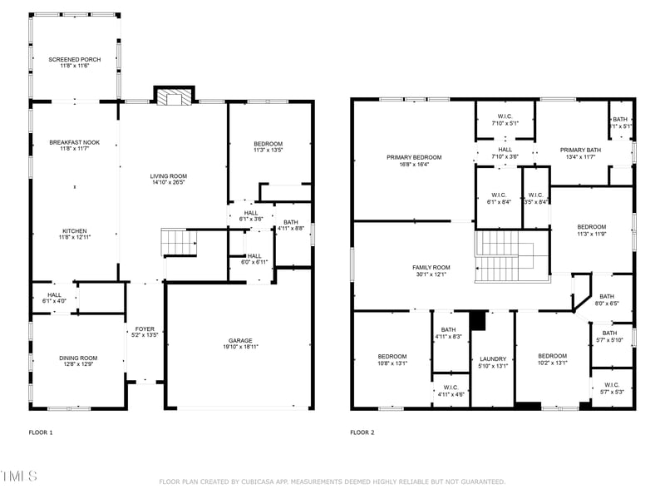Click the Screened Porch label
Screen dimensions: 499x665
[74, 60]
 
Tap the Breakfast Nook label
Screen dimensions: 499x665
[74, 142]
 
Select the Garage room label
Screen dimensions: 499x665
[241, 340]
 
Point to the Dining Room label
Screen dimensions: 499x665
[78, 358]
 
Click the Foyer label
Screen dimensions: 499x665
[145, 329]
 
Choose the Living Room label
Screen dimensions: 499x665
[168, 175]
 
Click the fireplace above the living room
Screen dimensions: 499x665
[174, 98]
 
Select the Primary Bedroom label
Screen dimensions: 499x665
[414, 157]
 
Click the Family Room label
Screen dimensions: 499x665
[431, 267]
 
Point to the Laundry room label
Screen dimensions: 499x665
[493, 359]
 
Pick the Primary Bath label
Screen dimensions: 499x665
[579, 150]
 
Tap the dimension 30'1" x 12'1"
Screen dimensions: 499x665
[431, 274]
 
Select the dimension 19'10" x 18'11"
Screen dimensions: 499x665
[241, 347]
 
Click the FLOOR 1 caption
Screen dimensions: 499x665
[41, 432]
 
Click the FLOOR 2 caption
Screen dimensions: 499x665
[362, 432]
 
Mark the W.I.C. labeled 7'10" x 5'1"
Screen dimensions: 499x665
[505, 120]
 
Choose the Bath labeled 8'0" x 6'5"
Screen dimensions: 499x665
[607, 299]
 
